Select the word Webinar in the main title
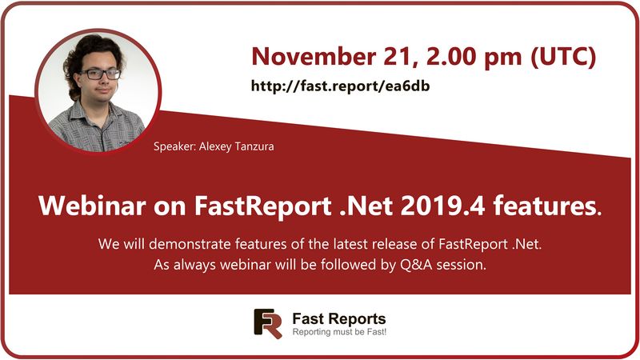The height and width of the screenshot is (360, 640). point(86,206)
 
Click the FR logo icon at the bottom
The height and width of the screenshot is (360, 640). point(268,323)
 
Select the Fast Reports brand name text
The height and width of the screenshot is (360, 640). point(339,318)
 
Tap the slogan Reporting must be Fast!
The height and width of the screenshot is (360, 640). point(339,332)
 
